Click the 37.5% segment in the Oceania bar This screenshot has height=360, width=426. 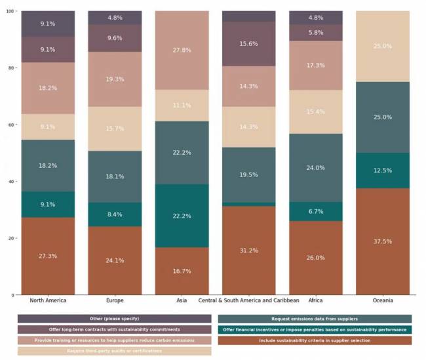(383, 241)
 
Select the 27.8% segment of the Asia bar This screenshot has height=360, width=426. (182, 50)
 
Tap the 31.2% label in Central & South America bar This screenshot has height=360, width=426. (249, 250)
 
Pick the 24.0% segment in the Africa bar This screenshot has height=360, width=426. (315, 168)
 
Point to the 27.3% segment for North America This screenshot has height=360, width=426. (48, 256)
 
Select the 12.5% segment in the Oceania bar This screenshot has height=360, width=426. (383, 170)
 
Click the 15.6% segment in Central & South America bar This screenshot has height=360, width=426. (249, 44)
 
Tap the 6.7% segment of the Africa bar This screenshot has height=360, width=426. (315, 211)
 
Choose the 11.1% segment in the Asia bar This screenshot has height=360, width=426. (182, 106)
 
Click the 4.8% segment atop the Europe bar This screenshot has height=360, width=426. (115, 18)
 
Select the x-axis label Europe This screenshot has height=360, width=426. (115, 300)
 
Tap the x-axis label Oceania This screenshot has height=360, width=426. (383, 300)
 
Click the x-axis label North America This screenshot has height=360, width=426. (48, 300)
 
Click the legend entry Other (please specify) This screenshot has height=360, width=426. (114, 319)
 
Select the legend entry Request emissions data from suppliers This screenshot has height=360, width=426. (315, 319)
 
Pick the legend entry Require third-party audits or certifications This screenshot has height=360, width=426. (114, 351)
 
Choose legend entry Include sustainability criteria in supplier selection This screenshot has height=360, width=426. (315, 340)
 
